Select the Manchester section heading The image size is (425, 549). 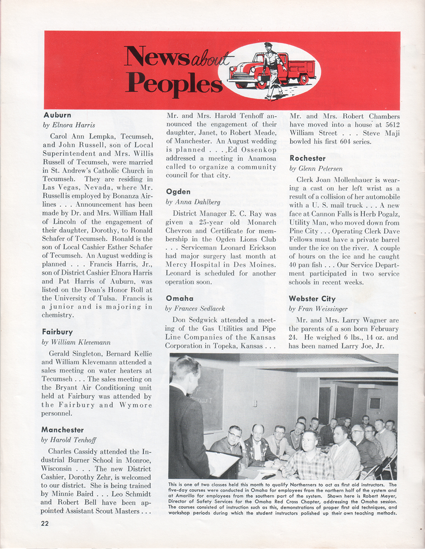[x=63, y=430]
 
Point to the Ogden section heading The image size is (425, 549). [x=178, y=192]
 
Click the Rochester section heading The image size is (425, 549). [x=307, y=158]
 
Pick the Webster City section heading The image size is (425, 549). [x=312, y=298]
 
